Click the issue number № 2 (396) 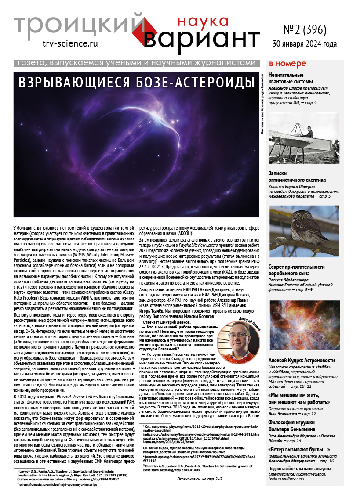click(305, 30)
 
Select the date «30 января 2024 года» click(305, 44)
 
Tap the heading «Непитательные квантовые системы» click(291, 78)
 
